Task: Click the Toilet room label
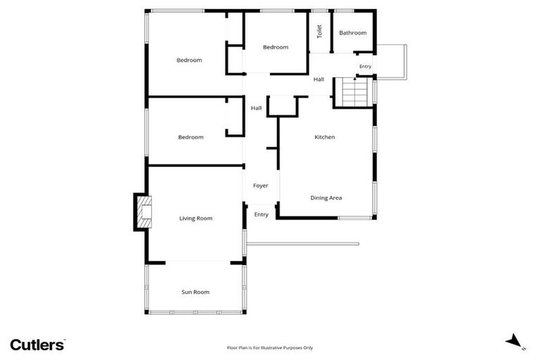[x=319, y=32]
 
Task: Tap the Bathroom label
[x=353, y=33]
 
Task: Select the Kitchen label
[x=324, y=137]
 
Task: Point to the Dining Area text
[x=326, y=198]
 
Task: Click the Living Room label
[x=195, y=219]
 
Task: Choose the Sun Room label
[x=195, y=292]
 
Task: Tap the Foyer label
[x=261, y=186]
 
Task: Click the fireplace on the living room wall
[x=143, y=212]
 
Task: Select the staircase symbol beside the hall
[x=354, y=91]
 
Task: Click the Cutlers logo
[x=38, y=345]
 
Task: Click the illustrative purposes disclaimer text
[x=269, y=347]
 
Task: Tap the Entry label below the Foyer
[x=261, y=214]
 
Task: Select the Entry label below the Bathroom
[x=365, y=66]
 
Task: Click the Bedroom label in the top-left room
[x=188, y=60]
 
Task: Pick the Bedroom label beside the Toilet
[x=276, y=47]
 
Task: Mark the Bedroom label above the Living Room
[x=191, y=137]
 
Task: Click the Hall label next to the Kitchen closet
[x=257, y=108]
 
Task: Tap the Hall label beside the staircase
[x=319, y=79]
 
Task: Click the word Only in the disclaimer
[x=307, y=347]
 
